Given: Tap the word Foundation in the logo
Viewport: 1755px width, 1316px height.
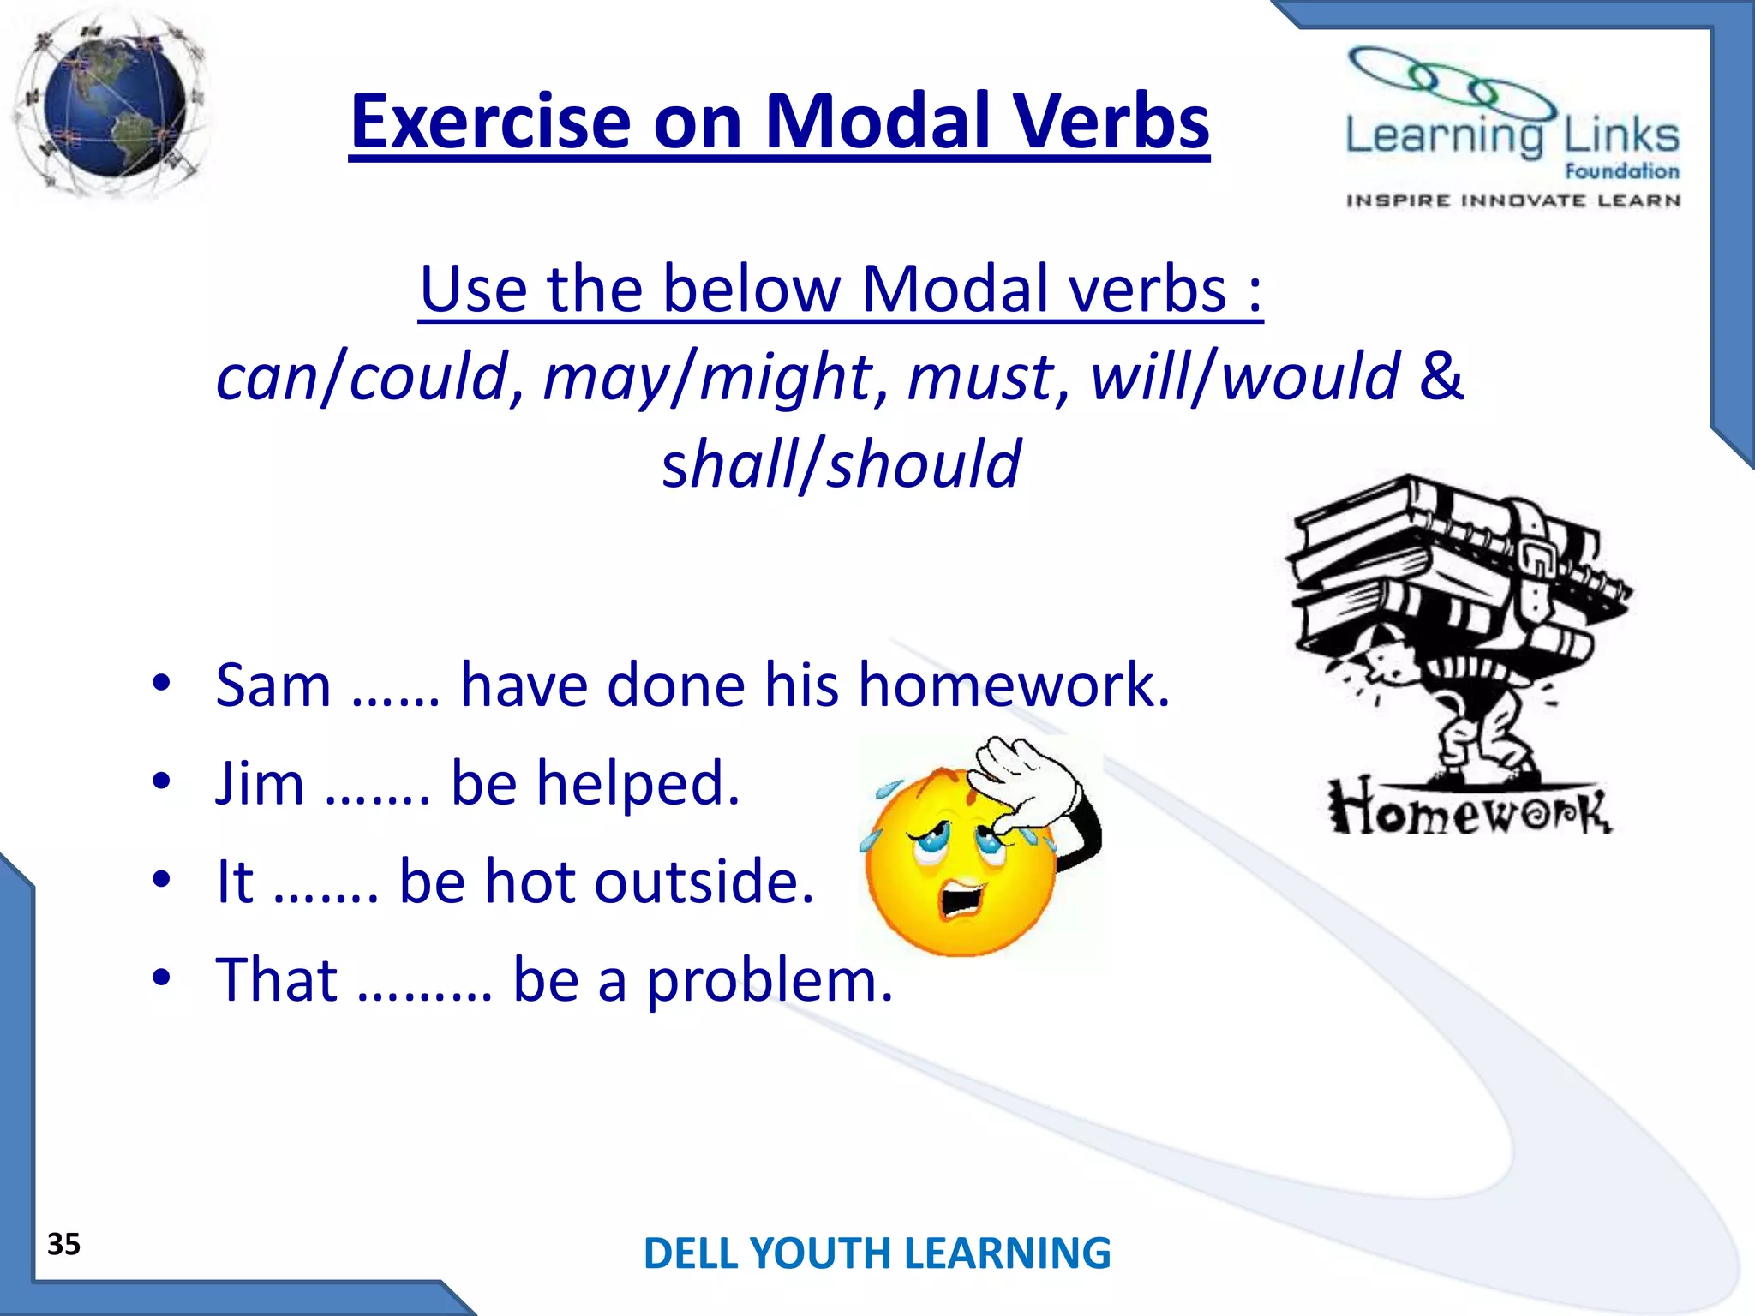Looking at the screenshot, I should (x=1621, y=171).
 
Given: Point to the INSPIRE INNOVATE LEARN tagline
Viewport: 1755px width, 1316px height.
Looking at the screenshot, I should (x=1512, y=201).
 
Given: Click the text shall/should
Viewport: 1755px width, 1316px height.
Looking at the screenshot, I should (x=841, y=464).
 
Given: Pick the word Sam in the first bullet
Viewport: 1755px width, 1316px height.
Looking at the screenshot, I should (x=273, y=686).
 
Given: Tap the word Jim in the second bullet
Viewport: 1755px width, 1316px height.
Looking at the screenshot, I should (x=260, y=784).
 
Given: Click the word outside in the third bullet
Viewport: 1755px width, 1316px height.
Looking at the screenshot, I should (x=703, y=882).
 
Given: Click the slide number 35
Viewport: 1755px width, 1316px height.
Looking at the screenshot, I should (x=63, y=1244).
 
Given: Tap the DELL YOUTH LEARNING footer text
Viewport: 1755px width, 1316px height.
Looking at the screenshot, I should (x=877, y=1253).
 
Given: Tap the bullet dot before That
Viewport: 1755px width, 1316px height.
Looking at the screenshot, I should (x=161, y=978).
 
